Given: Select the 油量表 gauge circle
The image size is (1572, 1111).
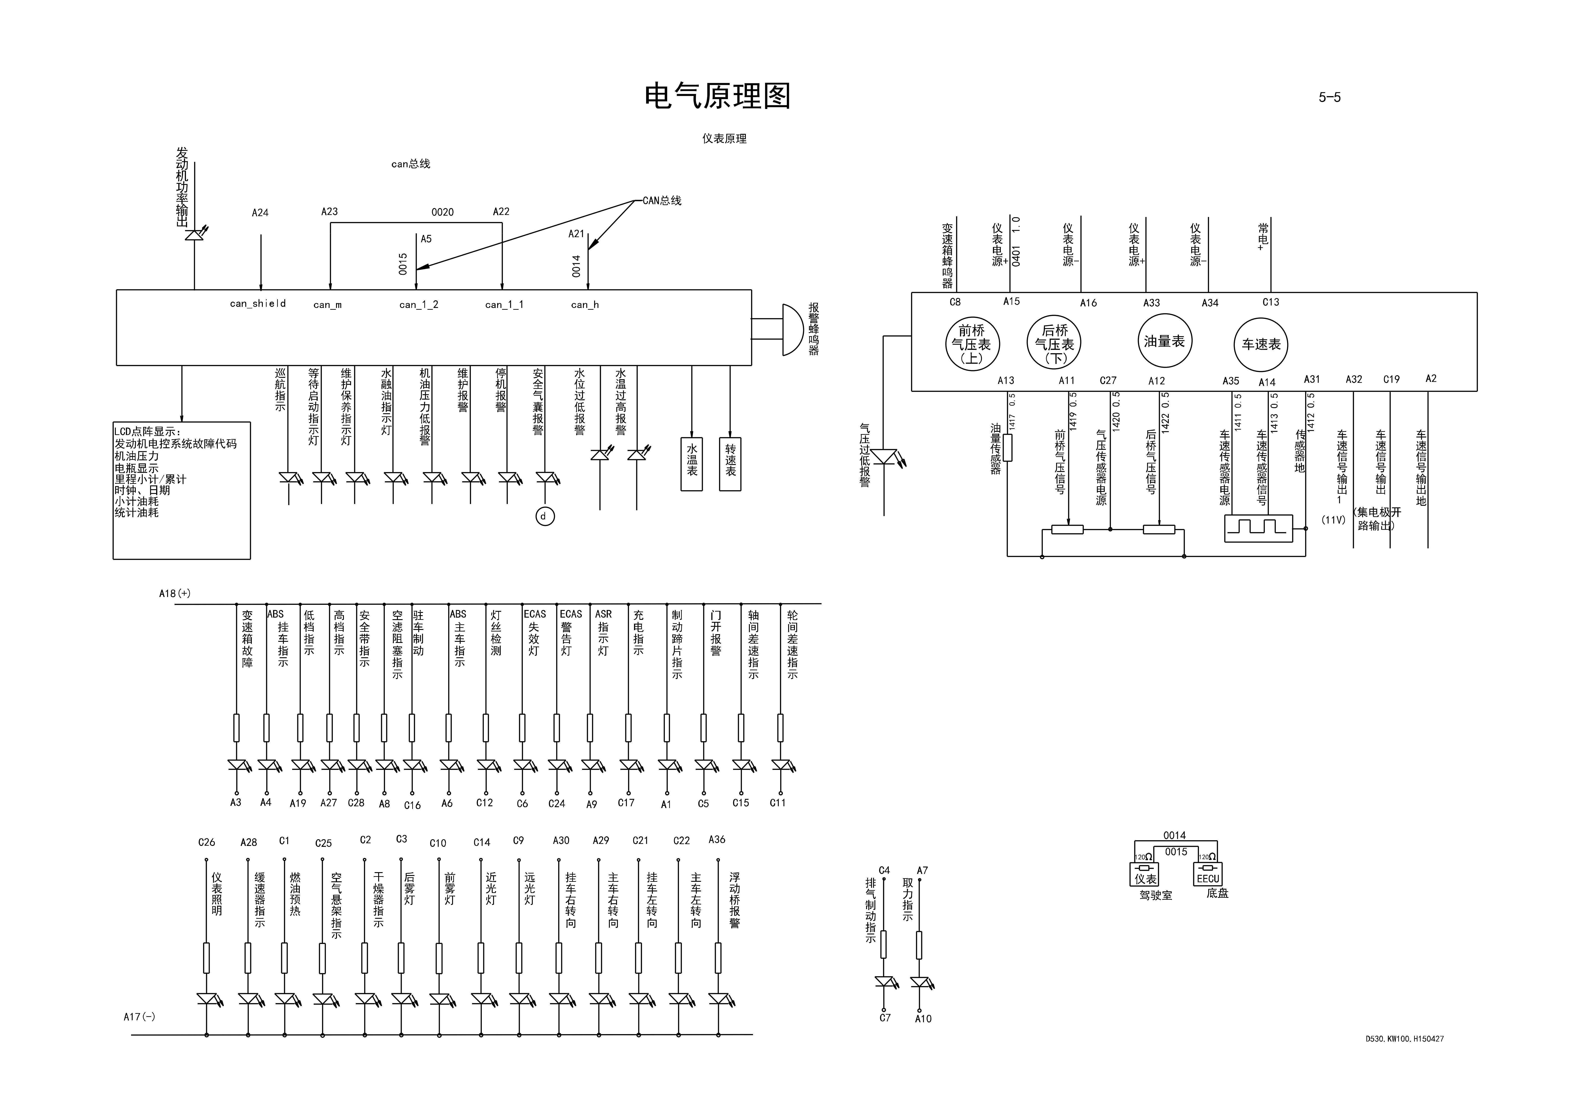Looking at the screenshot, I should point(1164,341).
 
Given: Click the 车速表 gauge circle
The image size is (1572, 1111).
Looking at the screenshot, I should point(1260,345).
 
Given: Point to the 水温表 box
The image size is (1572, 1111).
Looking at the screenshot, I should point(692,464).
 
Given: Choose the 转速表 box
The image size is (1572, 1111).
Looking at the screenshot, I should point(730,464).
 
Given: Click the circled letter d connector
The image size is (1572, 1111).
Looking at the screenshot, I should point(544,517).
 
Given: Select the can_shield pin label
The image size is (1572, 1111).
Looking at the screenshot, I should point(257,303).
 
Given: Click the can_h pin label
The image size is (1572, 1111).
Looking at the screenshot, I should point(585,305).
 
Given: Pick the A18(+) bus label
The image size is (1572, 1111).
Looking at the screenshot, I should point(175,593).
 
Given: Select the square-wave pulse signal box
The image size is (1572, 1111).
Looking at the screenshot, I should point(1258,528).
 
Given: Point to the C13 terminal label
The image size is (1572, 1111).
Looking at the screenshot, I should point(1270,302).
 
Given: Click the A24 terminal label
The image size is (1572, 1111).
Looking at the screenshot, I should point(260,213).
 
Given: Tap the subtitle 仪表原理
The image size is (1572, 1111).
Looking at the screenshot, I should point(724,138).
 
